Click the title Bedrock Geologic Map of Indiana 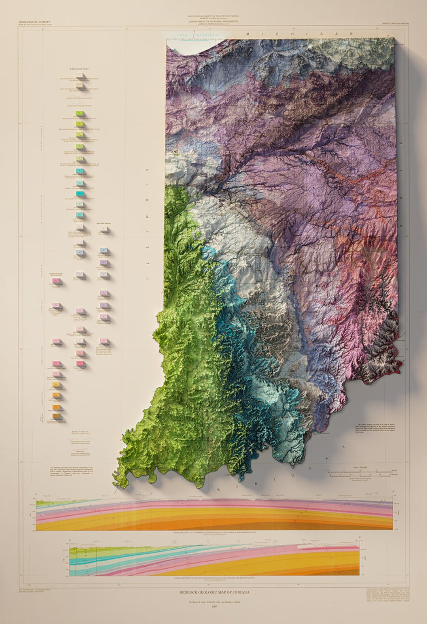[213, 592]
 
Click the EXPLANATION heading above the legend [79, 69]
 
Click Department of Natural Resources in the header [213, 21]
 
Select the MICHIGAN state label [292, 34]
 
